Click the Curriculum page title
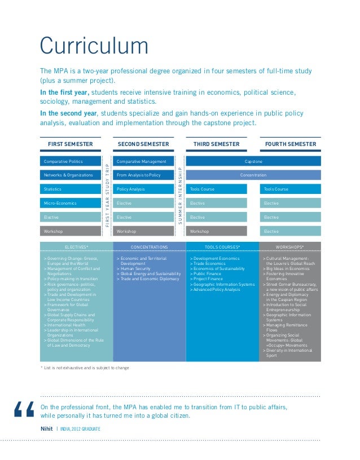click(x=94, y=46)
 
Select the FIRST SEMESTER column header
click(x=71, y=144)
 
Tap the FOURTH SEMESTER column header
click(x=290, y=144)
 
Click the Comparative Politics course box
click(x=71, y=162)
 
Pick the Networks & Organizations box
click(x=71, y=175)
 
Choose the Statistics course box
click(x=71, y=189)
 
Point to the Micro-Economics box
click(x=71, y=203)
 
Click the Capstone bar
click(x=253, y=162)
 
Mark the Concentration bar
click(x=253, y=175)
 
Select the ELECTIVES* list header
click(x=76, y=247)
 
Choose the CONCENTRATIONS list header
click(x=150, y=247)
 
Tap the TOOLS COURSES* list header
click(x=222, y=247)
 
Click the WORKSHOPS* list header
click(x=290, y=247)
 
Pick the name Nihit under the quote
click(x=46, y=429)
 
